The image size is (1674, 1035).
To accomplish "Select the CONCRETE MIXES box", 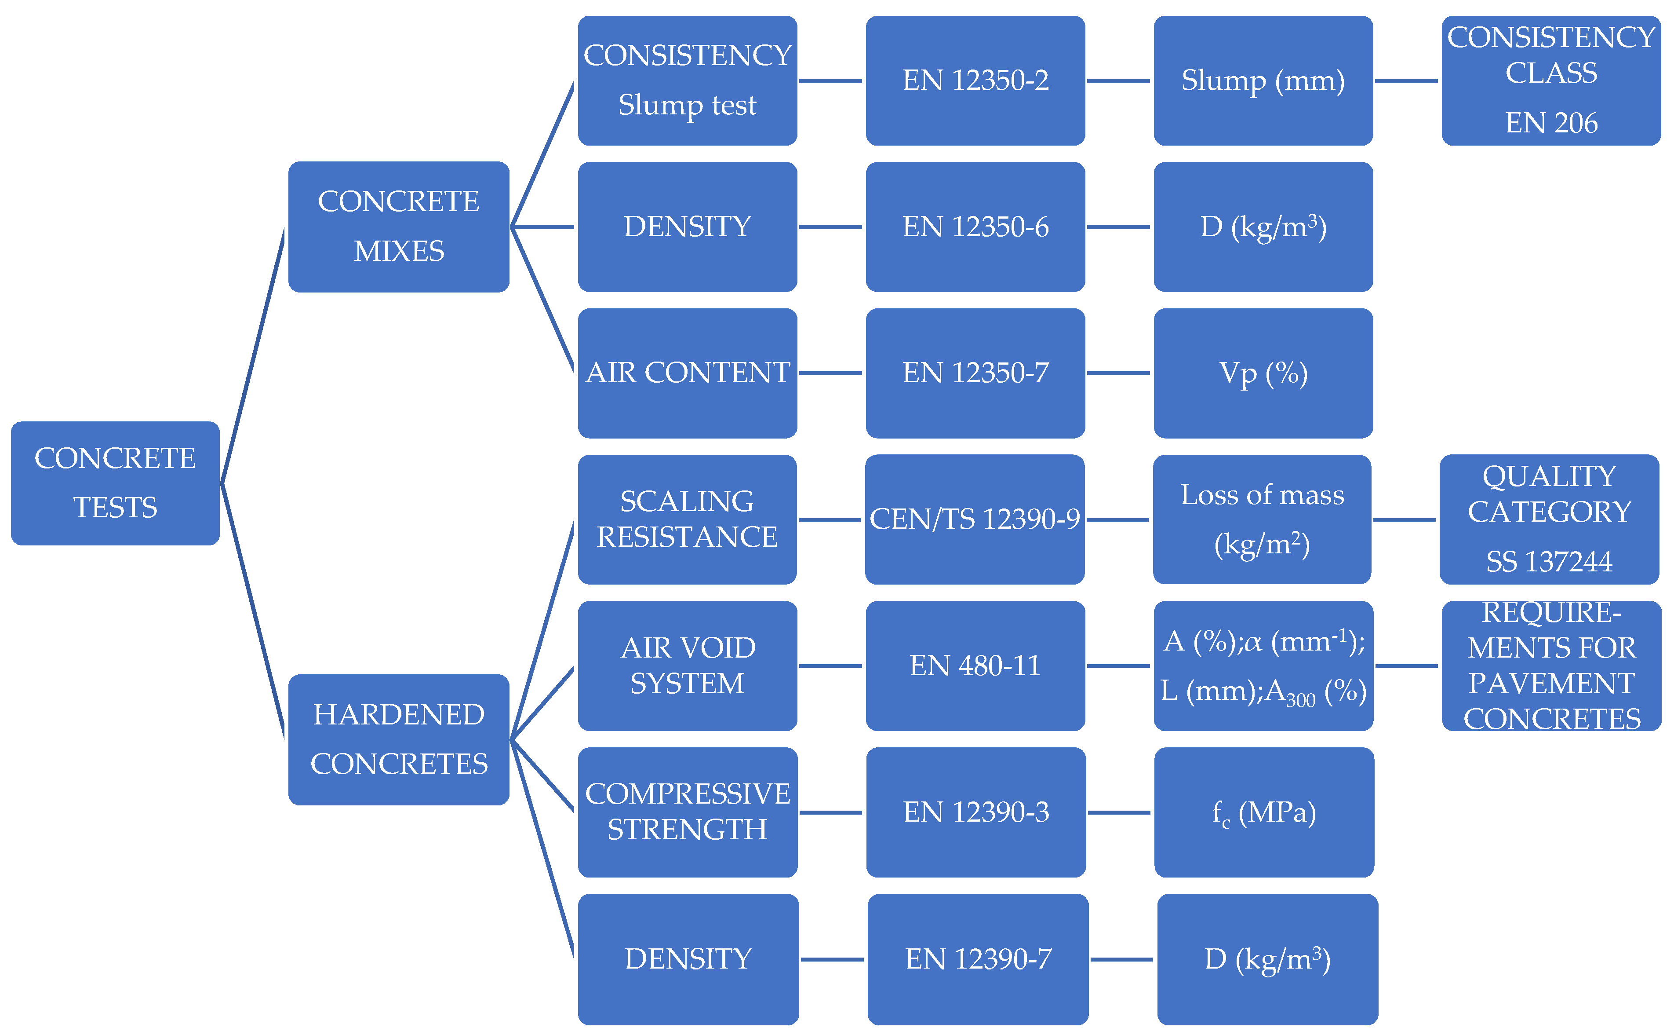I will coord(399,227).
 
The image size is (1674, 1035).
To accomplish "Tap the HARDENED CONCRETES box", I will coord(399,739).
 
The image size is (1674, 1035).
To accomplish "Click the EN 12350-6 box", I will coord(975,227).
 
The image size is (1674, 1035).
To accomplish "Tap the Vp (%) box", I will coord(1263,373).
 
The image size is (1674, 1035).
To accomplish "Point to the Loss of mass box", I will coord(1262,519).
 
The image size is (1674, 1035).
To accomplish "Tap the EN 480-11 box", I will coord(975,666).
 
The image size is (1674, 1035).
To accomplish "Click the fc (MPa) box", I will coord(1263,812).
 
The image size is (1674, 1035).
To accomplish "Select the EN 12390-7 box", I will coord(978,959).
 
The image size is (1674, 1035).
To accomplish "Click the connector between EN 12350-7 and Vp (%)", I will coord(1118,373).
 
